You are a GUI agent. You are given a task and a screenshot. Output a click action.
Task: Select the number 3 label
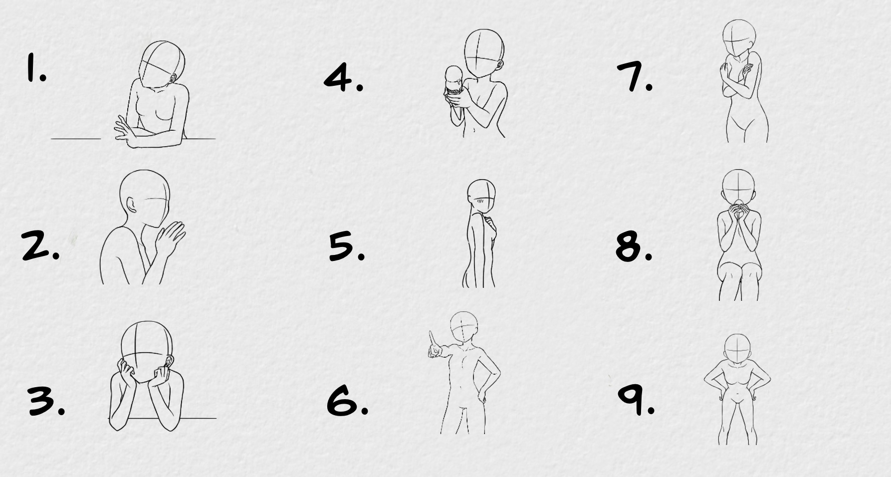coord(46,402)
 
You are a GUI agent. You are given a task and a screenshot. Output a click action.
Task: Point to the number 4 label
coord(343,78)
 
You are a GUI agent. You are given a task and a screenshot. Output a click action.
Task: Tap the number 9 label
coord(636,401)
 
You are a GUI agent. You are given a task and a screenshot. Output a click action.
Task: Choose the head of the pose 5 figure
coord(481,196)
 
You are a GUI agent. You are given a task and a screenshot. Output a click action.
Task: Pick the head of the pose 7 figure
coord(739,38)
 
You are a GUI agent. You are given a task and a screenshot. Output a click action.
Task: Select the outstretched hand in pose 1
coord(126,131)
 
